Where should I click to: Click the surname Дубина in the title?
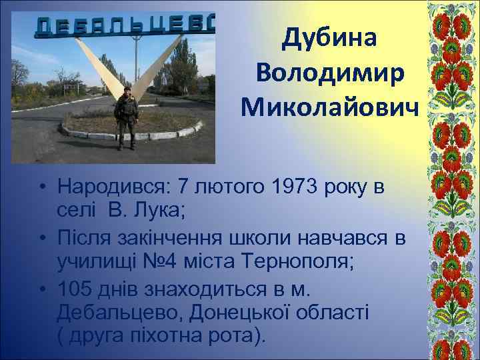[x=329, y=39]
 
